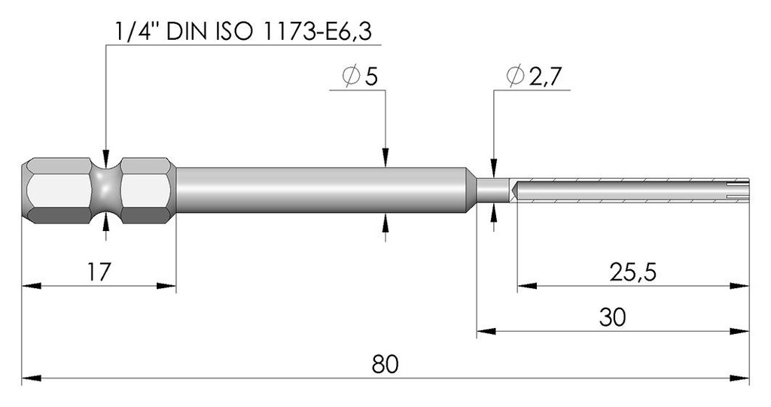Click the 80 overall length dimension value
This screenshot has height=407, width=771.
(385, 364)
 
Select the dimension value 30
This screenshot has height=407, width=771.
(612, 317)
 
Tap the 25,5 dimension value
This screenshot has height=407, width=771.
(632, 272)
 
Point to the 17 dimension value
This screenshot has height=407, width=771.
(99, 272)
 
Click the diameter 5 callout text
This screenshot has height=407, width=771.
(360, 77)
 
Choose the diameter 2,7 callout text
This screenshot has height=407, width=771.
(533, 77)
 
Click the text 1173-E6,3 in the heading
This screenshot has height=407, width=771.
(317, 32)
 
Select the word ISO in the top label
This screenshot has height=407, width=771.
(235, 32)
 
